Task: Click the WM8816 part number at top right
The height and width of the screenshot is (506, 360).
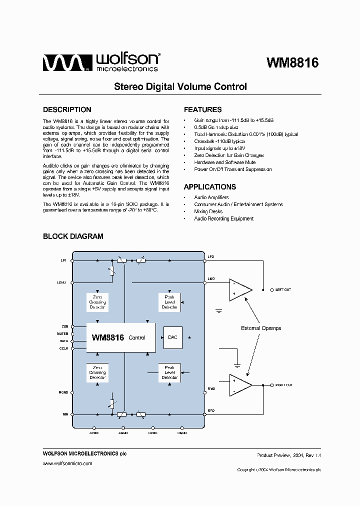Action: pyautogui.click(x=292, y=63)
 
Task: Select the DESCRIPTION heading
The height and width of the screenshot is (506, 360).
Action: pyautogui.click(x=67, y=109)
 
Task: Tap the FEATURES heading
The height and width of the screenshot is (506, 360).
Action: pyautogui.click(x=202, y=109)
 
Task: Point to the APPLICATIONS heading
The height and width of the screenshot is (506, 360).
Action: pyautogui.click(x=209, y=187)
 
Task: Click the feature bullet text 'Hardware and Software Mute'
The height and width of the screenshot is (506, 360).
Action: pyautogui.click(x=224, y=162)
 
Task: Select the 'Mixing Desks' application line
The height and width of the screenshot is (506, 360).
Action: pyautogui.click(x=208, y=211)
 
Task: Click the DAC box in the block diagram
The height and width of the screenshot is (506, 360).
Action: pyautogui.click(x=172, y=337)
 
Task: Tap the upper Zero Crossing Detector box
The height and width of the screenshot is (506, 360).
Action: pyautogui.click(x=97, y=302)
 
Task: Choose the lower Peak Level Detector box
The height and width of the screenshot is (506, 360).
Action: pyautogui.click(x=169, y=372)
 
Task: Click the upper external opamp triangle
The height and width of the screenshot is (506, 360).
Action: pyautogui.click(x=239, y=290)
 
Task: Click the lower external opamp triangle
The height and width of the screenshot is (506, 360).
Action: pyautogui.click(x=239, y=385)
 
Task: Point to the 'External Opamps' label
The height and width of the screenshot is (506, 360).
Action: pyautogui.click(x=261, y=328)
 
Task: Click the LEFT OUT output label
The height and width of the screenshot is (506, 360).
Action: pyautogui.click(x=282, y=290)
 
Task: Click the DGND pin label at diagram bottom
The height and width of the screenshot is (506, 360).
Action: pyautogui.click(x=182, y=433)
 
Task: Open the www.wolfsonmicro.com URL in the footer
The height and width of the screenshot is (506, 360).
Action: pyautogui.click(x=67, y=464)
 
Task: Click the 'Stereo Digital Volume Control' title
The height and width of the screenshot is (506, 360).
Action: pyautogui.click(x=180, y=86)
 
